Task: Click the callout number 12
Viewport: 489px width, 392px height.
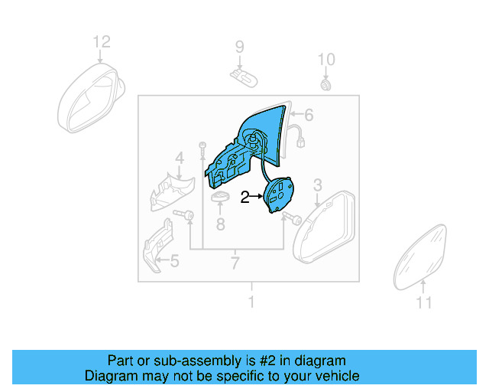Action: click(x=102, y=41)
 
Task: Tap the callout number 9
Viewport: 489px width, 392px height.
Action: click(x=239, y=47)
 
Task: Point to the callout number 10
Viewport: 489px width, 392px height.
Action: click(x=326, y=59)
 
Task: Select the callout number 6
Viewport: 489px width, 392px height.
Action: click(x=309, y=116)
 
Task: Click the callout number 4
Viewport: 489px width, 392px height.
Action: click(x=180, y=158)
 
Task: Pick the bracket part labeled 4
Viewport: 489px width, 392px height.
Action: click(x=173, y=194)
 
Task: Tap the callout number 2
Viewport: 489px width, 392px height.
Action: click(x=244, y=198)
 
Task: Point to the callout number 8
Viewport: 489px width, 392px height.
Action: click(x=220, y=224)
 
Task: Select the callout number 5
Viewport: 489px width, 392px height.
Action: click(x=174, y=262)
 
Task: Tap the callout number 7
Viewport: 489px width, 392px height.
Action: click(x=235, y=264)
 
